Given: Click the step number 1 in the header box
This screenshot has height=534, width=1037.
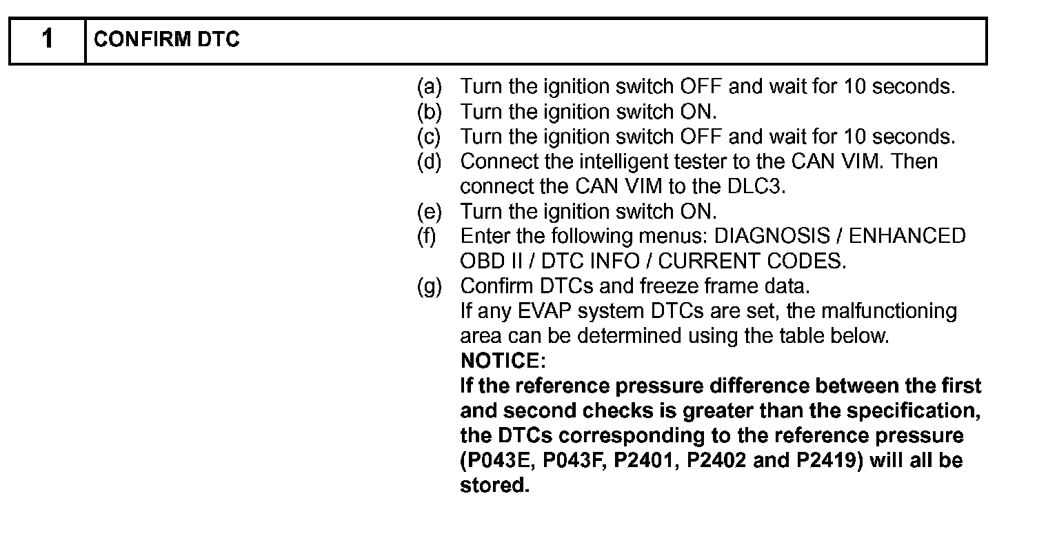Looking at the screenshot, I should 47,40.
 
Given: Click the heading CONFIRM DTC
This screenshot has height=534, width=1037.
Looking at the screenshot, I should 166,40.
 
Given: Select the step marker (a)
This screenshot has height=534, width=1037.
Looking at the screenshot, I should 429,87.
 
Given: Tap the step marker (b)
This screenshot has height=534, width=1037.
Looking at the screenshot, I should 429,112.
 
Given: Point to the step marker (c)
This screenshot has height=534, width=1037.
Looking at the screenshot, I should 429,137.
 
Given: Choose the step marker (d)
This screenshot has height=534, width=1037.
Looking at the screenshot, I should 429,161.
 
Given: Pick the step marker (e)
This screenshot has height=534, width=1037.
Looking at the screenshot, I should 429,211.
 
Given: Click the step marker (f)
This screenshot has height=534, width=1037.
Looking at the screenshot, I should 427,236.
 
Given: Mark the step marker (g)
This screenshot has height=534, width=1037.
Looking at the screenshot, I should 429,286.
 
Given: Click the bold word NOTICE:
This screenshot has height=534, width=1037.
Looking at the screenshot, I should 502,360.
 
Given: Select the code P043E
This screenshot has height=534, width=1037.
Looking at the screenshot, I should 499,459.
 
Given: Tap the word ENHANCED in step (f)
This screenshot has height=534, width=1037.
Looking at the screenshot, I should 907,236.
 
